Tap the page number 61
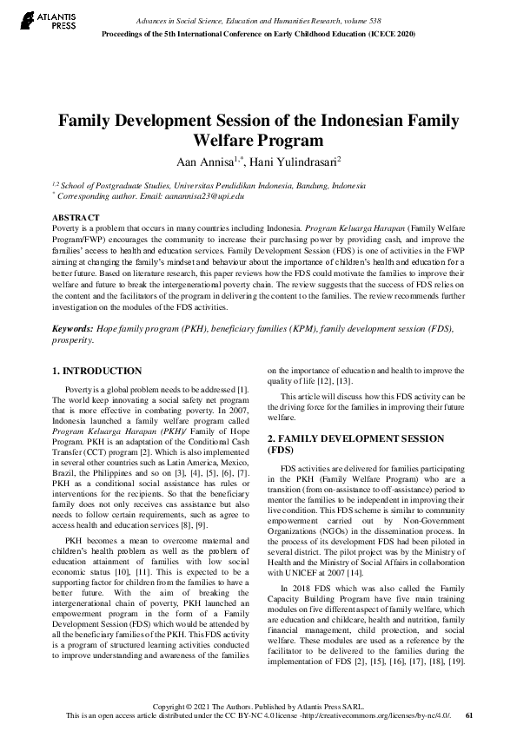tap(470, 715)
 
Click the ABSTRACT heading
tap(76, 216)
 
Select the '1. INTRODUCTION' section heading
tap(97, 371)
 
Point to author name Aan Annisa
tap(206, 161)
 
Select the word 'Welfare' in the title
tap(224, 140)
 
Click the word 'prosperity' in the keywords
tap(72, 340)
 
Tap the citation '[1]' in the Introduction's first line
tap(243, 390)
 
